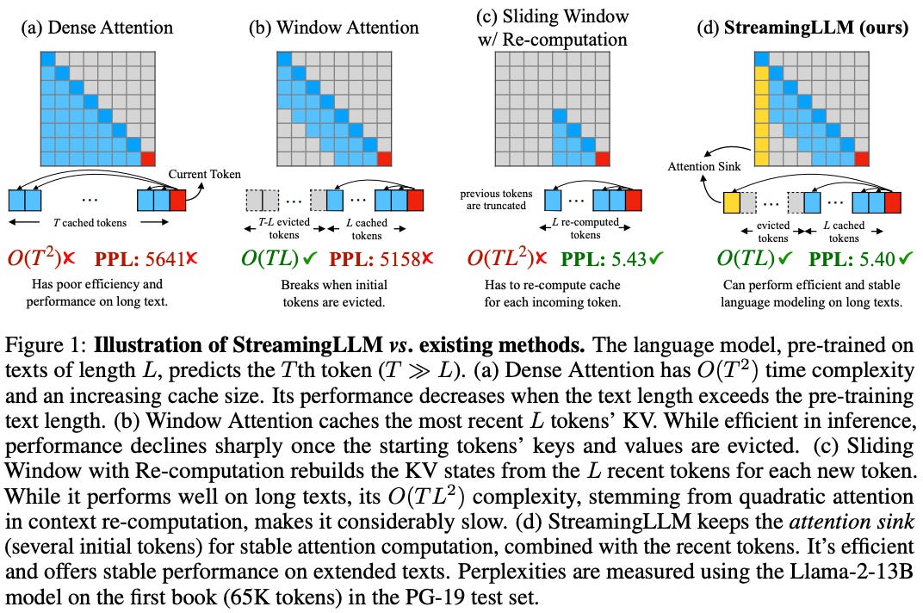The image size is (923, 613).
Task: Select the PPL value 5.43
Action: coord(635,257)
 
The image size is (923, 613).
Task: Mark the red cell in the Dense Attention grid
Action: coord(149,158)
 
